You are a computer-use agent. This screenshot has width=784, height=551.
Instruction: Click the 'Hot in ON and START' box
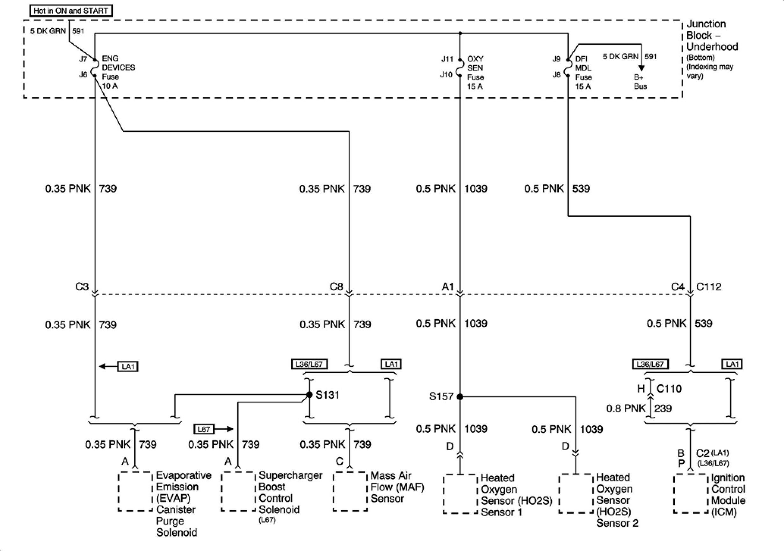click(x=71, y=11)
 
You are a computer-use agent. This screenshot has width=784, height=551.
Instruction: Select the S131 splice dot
click(x=309, y=395)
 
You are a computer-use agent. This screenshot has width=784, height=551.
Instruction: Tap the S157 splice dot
click(x=460, y=397)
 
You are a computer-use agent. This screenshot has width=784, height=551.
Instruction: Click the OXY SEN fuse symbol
click(x=460, y=67)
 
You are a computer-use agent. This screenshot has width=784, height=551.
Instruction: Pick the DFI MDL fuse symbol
click(x=568, y=67)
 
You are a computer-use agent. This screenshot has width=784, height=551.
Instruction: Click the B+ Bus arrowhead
click(x=641, y=68)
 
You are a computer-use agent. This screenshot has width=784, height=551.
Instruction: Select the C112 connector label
click(x=708, y=287)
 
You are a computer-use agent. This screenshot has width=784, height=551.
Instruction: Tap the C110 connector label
click(x=669, y=388)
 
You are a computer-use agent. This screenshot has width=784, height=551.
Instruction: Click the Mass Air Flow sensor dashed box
click(x=350, y=491)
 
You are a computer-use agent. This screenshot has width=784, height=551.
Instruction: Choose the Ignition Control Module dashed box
click(x=690, y=493)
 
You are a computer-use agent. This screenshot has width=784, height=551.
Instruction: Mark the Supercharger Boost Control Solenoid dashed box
click(x=238, y=491)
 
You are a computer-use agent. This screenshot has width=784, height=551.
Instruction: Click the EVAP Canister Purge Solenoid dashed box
click(x=135, y=491)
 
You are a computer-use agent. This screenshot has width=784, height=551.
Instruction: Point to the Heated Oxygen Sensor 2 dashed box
click(x=576, y=493)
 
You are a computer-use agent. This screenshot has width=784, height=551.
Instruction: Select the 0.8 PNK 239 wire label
click(x=639, y=408)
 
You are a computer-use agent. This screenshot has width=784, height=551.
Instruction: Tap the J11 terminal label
click(x=447, y=59)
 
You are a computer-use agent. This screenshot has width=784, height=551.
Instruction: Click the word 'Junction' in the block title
click(x=706, y=24)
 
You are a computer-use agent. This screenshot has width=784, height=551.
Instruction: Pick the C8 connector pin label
click(x=336, y=287)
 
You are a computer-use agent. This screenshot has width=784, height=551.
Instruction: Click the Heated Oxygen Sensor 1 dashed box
click(x=460, y=494)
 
